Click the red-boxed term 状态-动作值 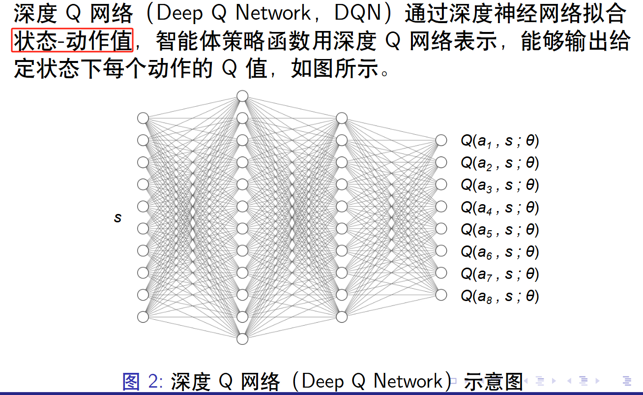click(73, 41)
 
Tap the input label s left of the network click(117, 217)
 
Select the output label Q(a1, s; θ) click(499, 141)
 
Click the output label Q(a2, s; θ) click(499, 163)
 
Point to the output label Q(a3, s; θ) click(499, 185)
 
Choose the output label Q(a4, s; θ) click(499, 207)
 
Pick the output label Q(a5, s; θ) click(499, 229)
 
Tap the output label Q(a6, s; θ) click(499, 251)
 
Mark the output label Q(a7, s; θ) click(499, 273)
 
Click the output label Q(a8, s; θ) click(499, 296)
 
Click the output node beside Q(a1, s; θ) click(441, 140)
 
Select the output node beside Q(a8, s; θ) click(441, 295)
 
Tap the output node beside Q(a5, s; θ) click(441, 229)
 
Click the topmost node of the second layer click(242, 96)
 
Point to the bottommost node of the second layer click(242, 339)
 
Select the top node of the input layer click(143, 118)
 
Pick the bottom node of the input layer click(143, 317)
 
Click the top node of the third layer click(342, 118)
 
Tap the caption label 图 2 click(140, 382)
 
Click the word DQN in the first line click(362, 14)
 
